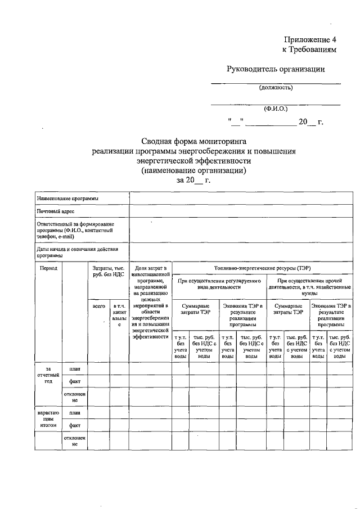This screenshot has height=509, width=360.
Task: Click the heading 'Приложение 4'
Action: [309, 40]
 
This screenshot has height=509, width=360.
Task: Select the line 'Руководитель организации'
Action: [276, 69]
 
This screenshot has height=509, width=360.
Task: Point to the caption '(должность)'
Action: [276, 87]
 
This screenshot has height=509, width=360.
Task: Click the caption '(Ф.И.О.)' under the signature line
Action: [276, 109]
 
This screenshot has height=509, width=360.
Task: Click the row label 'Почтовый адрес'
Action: [56, 211]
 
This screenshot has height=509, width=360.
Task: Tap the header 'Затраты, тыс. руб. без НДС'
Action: [108, 272]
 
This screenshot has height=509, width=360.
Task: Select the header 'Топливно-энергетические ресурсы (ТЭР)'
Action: [262, 268]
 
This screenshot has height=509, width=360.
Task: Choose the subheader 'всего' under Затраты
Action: [99, 306]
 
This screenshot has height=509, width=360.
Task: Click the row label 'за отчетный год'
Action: [48, 375]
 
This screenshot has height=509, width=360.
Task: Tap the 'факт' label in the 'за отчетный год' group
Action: [75, 381]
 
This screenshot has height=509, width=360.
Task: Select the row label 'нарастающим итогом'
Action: [48, 419]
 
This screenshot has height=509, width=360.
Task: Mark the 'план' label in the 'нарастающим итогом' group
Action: [75, 412]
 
